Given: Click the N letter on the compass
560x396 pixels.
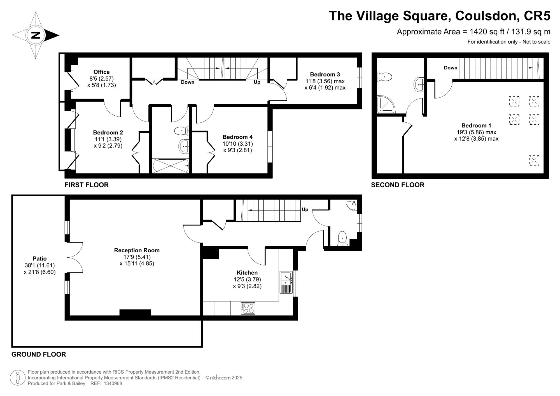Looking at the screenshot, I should pos(36,35).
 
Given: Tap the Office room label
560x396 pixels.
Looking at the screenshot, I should pos(101,72).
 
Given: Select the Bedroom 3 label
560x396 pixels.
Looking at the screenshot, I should pos(325,74).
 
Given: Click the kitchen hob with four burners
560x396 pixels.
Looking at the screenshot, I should pos(248,308).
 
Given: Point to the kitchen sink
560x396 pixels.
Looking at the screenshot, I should pos(286,282).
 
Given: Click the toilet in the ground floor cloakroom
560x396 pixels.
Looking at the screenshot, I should pos(342,238).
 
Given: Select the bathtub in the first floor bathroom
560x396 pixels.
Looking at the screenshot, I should pos(171,166).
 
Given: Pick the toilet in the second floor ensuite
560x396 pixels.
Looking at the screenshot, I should pos(384,76).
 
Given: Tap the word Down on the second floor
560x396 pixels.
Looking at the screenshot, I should pos(451,68).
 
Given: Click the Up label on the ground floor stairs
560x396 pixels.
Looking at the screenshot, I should pos(305,209).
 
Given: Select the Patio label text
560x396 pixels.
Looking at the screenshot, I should pos(39,259).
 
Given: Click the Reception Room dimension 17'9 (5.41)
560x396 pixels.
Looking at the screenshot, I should pos(137,257).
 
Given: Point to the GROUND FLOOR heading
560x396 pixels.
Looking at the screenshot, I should pos(39,354).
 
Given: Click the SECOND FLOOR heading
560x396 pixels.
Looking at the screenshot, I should pos(398,185).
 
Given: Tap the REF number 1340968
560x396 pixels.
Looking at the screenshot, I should pos(113,383).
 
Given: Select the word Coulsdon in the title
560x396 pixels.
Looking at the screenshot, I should pos(486,16).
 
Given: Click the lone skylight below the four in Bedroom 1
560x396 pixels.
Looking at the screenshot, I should pos(534,160).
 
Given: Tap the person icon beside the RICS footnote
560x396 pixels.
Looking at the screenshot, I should pos(18,378).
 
